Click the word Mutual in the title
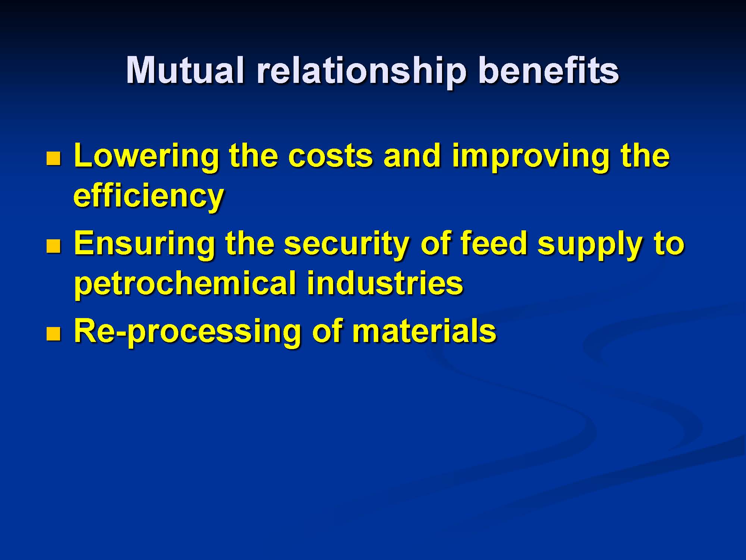coord(185,70)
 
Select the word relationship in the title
coord(361,72)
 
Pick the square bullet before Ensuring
coord(53,246)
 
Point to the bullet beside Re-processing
coord(53,334)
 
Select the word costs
coord(330,156)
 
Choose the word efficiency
coord(148,196)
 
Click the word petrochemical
coord(185,283)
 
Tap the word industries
coord(385,282)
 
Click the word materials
coord(424,330)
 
